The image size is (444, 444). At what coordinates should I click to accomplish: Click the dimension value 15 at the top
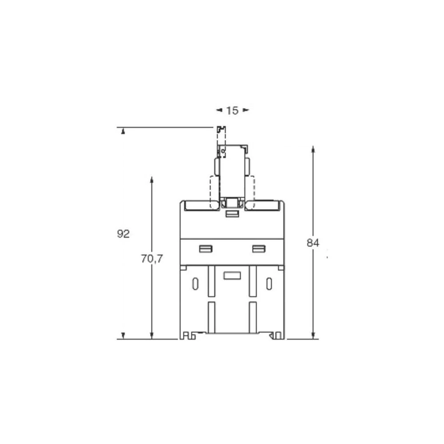pos(232,111)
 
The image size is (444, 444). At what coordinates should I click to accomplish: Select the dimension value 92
pos(123,234)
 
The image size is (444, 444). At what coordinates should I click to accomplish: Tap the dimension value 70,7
pos(152,259)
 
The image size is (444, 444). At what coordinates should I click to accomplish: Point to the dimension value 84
pos(313,243)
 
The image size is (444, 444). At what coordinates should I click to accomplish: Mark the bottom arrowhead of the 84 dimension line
pos(313,336)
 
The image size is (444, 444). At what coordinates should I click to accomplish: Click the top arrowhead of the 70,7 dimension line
pos(152,179)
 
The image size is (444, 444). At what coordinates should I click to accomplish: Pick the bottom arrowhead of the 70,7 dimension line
pos(152,336)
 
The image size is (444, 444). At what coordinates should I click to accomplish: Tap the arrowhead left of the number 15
pos(219,110)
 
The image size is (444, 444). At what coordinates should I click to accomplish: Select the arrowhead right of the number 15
pos(246,110)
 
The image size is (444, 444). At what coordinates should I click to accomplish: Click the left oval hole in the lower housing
pos(195,284)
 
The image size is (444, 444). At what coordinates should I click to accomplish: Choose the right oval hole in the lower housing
pos(269,284)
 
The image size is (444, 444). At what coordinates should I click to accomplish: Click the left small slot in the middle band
pos(206,249)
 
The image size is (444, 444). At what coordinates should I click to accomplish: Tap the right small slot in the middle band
pos(258,249)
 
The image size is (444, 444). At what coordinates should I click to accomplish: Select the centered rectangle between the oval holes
pos(232,275)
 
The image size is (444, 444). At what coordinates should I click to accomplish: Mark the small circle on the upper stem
pos(223,152)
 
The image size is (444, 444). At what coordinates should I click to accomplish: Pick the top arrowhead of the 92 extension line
pos(123,131)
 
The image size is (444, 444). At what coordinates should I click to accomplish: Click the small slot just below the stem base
pos(232,214)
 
